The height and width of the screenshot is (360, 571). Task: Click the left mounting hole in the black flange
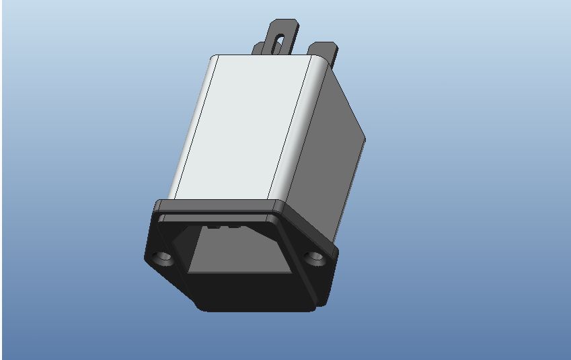pos(161,258)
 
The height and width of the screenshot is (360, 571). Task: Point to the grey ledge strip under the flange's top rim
pos(215,217)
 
